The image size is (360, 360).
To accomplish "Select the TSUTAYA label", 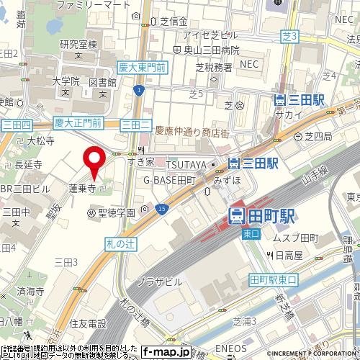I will click(189, 165).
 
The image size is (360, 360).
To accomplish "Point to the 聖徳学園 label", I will click(117, 212).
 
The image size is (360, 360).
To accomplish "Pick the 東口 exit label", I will click(251, 233).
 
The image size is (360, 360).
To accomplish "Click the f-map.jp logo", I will click(167, 352).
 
